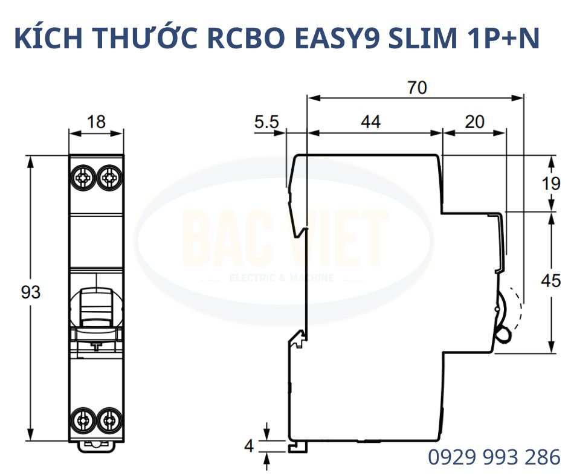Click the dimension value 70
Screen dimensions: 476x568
416,88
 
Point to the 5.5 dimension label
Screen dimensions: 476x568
266,123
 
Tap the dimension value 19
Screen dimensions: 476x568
550,183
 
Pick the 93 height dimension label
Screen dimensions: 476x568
30,292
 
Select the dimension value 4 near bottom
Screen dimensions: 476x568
248,447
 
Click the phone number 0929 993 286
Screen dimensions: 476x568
494,458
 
